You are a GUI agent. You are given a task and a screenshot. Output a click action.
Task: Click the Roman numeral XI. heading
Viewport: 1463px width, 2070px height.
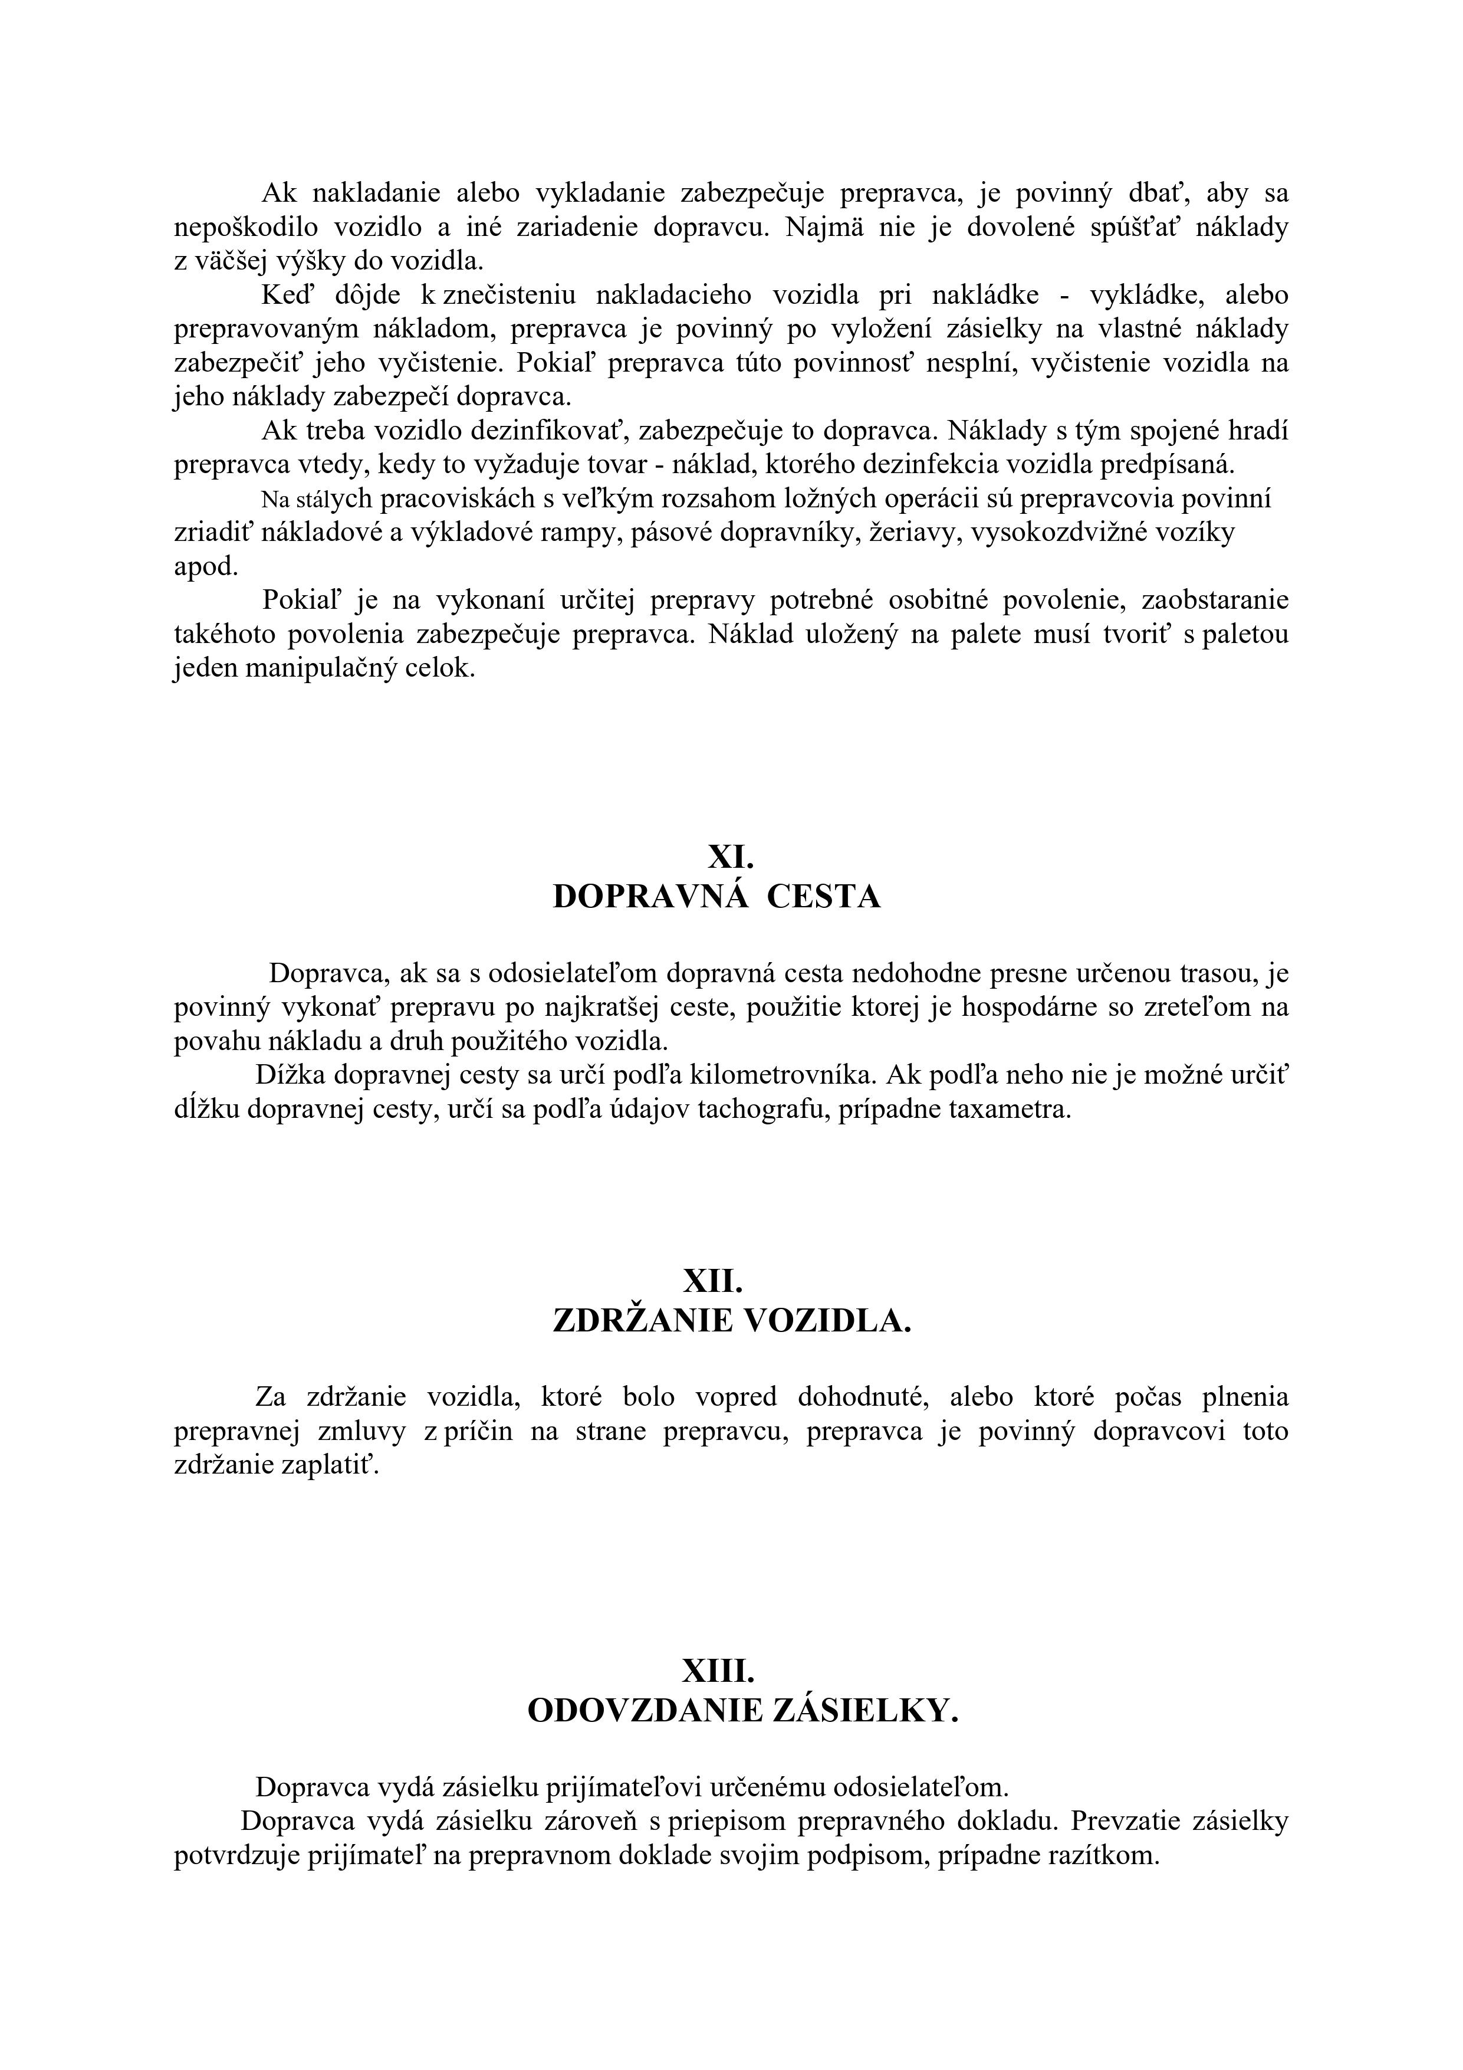click(x=731, y=855)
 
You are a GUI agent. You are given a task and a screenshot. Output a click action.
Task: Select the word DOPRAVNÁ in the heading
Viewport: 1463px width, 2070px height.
click(x=650, y=897)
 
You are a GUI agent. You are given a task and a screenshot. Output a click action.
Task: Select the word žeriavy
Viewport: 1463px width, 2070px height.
click(x=913, y=533)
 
